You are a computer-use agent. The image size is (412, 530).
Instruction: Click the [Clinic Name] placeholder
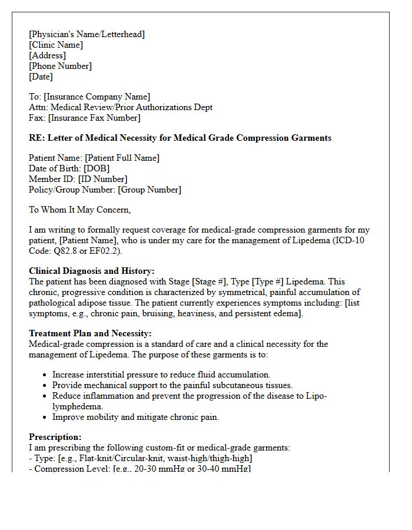(56, 45)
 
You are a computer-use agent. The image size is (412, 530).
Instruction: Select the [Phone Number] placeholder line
(60, 66)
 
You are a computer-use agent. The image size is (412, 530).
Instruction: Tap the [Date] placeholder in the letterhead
(41, 77)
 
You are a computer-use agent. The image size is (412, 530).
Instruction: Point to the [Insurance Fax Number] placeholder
(94, 118)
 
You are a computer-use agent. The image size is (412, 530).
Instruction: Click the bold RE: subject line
(180, 138)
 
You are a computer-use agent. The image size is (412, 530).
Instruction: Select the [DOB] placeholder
(97, 168)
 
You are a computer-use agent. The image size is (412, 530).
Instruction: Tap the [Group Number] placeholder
(149, 190)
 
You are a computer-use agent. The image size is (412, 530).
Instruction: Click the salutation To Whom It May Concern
(80, 210)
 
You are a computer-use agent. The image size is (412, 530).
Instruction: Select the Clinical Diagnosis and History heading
(92, 271)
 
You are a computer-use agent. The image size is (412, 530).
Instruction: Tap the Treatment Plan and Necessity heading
(90, 333)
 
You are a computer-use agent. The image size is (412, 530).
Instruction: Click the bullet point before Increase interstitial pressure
(45, 375)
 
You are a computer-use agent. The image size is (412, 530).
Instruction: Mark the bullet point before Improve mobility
(45, 417)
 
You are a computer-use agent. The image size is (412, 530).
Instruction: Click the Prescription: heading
(55, 437)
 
